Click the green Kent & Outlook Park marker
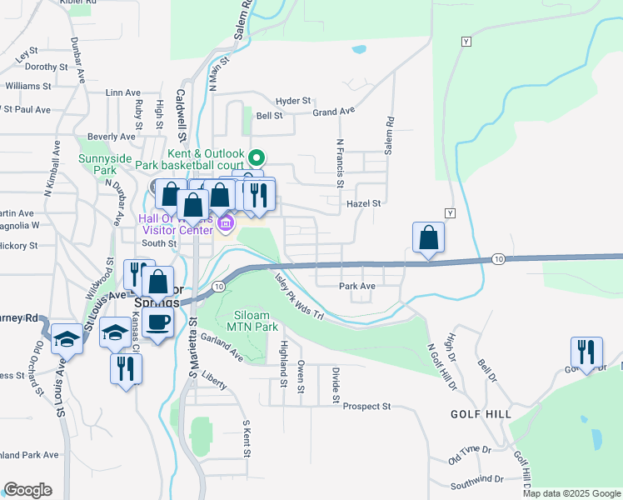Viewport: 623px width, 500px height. [x=257, y=157]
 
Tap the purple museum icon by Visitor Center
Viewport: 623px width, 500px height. [x=225, y=223]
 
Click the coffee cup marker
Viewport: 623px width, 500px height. [x=157, y=322]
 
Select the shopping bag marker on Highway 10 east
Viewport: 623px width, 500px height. [x=428, y=238]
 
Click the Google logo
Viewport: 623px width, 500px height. [x=27, y=490]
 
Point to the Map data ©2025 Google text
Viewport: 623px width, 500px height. [x=571, y=493]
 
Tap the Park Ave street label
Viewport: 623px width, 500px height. [x=357, y=286]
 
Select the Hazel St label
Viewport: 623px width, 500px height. [x=365, y=202]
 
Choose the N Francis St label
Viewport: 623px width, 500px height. [x=340, y=163]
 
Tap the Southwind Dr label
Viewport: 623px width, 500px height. [x=476, y=480]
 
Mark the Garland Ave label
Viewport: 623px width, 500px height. [x=222, y=352]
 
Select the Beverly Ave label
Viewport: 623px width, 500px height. [x=111, y=137]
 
